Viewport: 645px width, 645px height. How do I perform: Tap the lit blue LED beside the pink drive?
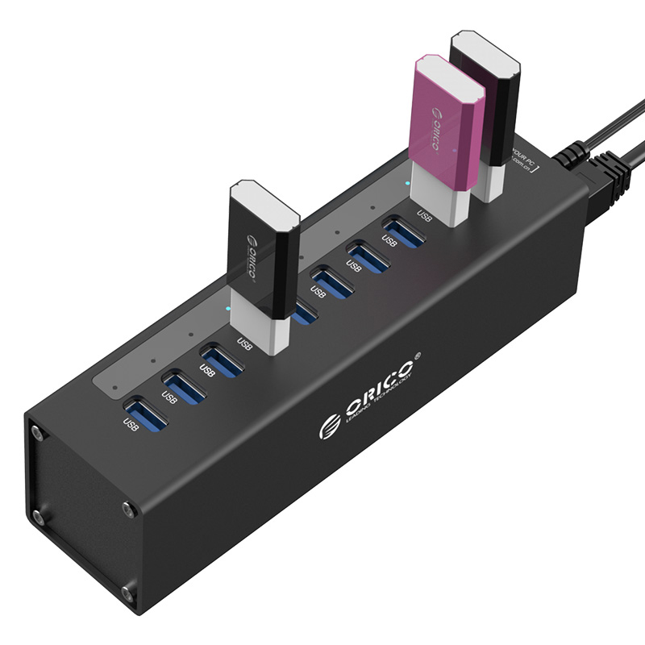(408, 183)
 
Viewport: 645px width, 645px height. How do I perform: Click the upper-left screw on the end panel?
(37, 432)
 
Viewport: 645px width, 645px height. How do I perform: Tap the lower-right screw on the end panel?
(127, 594)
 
